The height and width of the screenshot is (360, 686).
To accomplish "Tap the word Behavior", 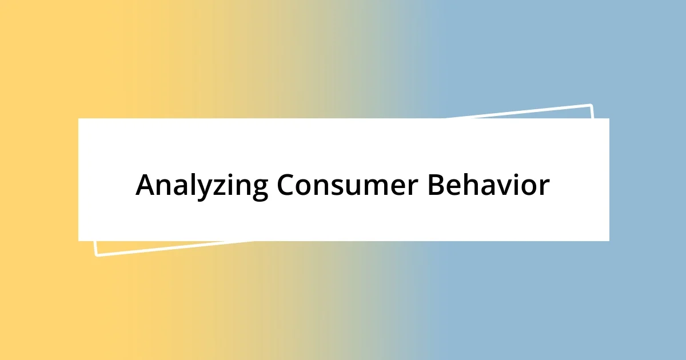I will (x=489, y=185).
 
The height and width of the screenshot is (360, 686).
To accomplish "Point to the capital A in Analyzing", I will (x=146, y=185).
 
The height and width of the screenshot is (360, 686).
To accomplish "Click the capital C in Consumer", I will (x=288, y=185).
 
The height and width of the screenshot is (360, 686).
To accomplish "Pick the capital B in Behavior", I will (x=437, y=185).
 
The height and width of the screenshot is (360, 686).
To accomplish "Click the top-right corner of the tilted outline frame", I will (x=591, y=106).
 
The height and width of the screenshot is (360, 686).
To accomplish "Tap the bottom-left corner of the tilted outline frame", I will (x=96, y=254).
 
